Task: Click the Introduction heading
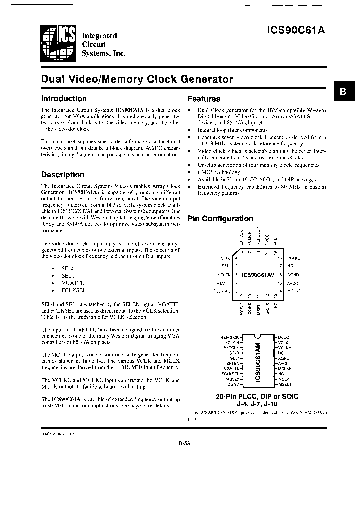tap(63, 99)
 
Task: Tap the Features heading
tap(203, 99)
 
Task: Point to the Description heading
tap(62, 175)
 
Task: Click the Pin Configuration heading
tap(220, 219)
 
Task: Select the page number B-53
tap(184, 442)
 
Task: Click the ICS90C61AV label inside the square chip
tap(258, 275)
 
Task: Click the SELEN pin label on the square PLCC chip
tap(224, 275)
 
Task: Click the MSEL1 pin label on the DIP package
tap(284, 384)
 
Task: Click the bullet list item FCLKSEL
tap(72, 290)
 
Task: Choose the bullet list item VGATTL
tap(71, 282)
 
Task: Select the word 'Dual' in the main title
tap(51, 79)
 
